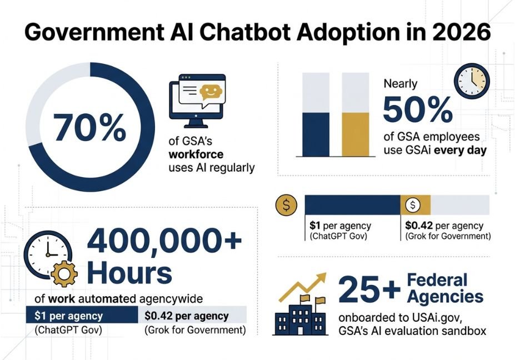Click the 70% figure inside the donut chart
(89, 127)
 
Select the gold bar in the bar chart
(356, 134)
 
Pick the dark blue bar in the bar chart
(316, 134)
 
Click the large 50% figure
(418, 109)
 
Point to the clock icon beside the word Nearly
(472, 81)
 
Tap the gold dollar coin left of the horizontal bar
(287, 206)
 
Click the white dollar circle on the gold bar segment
(413, 205)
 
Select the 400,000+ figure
(164, 241)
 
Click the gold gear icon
(64, 273)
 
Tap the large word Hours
(129, 273)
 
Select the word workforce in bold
(196, 154)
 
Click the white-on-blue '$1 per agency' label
(68, 316)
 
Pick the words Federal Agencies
(445, 288)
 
